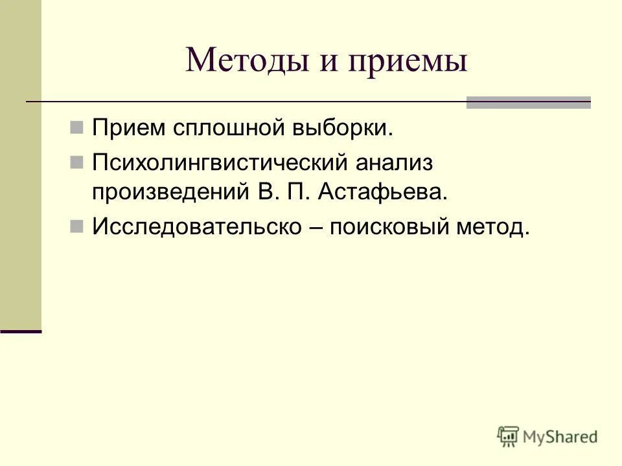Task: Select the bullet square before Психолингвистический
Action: pyautogui.click(x=76, y=161)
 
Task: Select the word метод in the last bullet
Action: pyautogui.click(x=494, y=227)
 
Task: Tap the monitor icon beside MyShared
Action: pyautogui.click(x=508, y=436)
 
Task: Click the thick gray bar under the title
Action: pyautogui.click(x=529, y=102)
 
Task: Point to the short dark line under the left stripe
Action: pyautogui.click(x=21, y=331)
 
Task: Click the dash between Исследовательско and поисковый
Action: pyautogui.click(x=315, y=227)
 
